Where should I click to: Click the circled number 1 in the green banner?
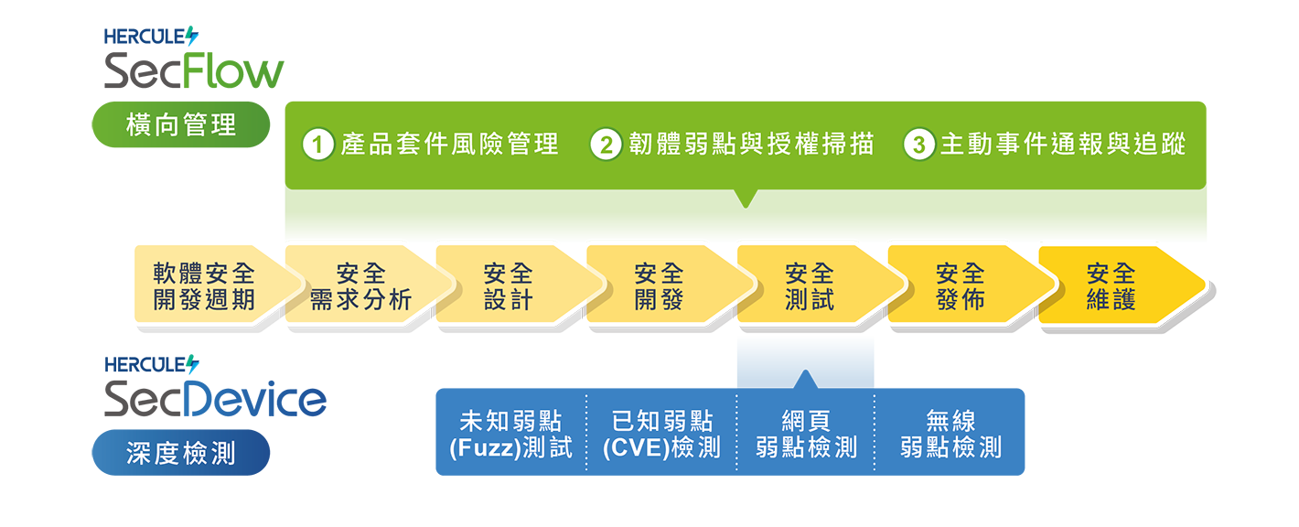[317, 145]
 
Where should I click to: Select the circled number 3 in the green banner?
[918, 145]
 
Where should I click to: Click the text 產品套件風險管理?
[448, 145]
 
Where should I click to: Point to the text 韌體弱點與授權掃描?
[750, 145]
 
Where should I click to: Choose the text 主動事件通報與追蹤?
[1063, 145]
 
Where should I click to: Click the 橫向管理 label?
[180, 125]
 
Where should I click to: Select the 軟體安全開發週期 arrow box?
[205, 285]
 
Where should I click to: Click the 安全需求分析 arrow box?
[360, 285]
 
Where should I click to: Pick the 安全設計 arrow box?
[508, 285]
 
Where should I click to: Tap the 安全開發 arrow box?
[659, 285]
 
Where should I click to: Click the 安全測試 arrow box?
[810, 285]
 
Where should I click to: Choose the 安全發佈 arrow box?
[961, 285]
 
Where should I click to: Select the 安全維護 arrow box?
[1111, 285]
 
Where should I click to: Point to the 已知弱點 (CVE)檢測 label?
[661, 434]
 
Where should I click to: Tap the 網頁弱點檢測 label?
[806, 434]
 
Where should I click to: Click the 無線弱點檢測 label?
[950, 434]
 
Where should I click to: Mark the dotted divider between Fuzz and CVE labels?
[585, 434]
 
